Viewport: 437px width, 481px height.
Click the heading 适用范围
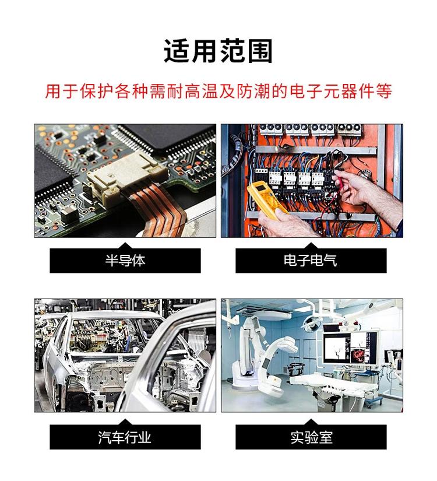click(x=218, y=51)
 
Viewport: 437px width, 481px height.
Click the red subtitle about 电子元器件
click(x=218, y=91)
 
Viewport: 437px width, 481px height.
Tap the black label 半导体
click(x=125, y=261)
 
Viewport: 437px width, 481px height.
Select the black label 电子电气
click(x=311, y=261)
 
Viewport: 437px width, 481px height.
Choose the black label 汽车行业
click(x=125, y=437)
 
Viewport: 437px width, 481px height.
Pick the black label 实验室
click(x=311, y=437)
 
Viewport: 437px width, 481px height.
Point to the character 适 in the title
click(x=177, y=51)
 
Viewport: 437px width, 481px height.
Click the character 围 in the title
click(x=260, y=51)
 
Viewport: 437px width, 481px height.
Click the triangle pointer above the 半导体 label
click(x=125, y=245)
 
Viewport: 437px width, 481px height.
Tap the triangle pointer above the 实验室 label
click(x=311, y=422)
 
